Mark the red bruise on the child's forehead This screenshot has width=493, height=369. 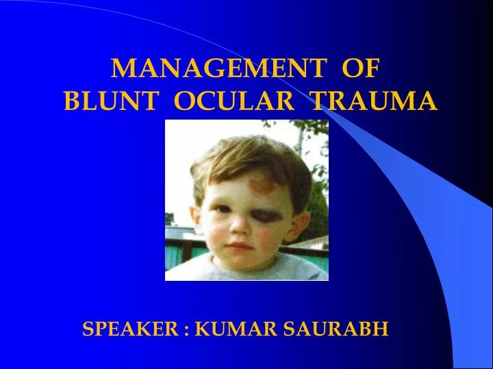point(263,184)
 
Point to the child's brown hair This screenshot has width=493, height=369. point(240,154)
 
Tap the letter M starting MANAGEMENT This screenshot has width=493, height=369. point(122,68)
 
